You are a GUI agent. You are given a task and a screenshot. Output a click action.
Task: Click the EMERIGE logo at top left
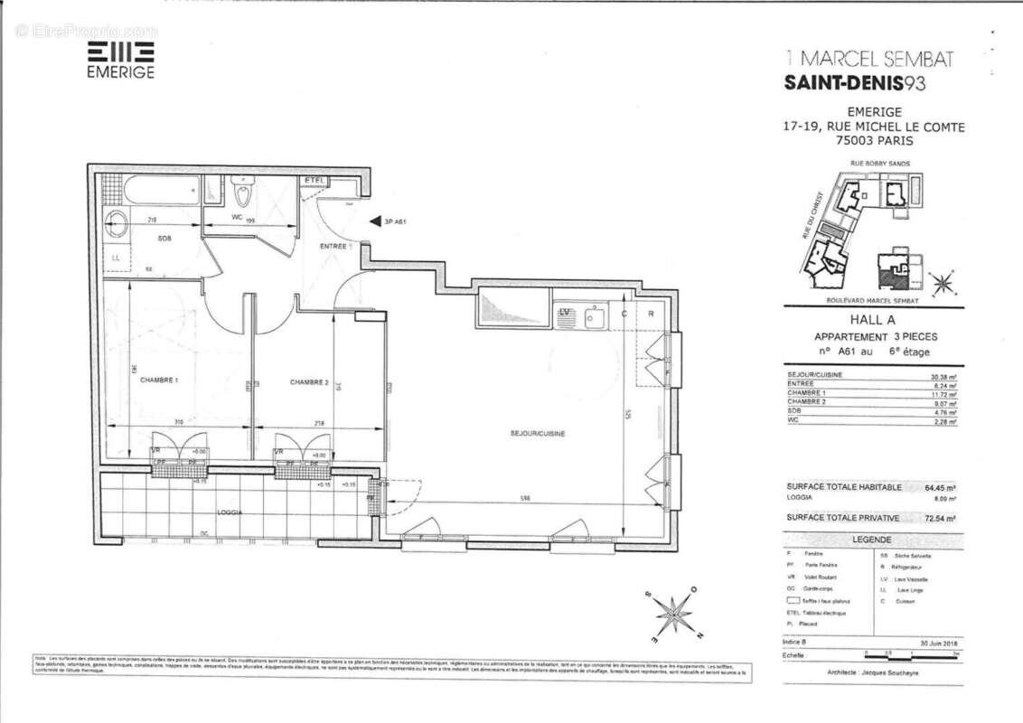tap(120, 60)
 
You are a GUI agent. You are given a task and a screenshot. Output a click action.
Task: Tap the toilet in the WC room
tap(243, 193)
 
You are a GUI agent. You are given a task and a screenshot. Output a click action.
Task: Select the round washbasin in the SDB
tap(117, 225)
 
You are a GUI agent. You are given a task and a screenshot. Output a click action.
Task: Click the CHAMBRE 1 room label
tap(159, 381)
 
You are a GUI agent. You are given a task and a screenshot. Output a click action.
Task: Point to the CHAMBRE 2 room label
tap(309, 382)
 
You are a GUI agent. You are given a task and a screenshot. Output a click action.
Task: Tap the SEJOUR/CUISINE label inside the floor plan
tap(537, 434)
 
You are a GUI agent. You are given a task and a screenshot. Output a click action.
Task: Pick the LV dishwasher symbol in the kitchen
tap(566, 313)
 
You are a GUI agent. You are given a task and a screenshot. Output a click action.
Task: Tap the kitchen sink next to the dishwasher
tap(594, 315)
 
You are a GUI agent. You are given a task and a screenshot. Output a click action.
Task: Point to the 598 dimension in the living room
tap(525, 500)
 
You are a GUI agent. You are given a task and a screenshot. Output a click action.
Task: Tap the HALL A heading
tap(871, 319)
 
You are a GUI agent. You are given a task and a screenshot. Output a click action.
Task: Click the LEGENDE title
tap(871, 540)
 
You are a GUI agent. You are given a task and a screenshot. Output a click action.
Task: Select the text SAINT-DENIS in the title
tap(841, 83)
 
